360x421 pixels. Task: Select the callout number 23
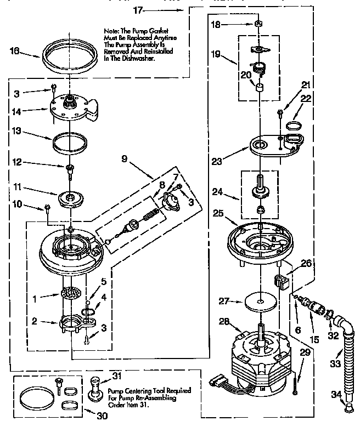pos(218,162)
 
